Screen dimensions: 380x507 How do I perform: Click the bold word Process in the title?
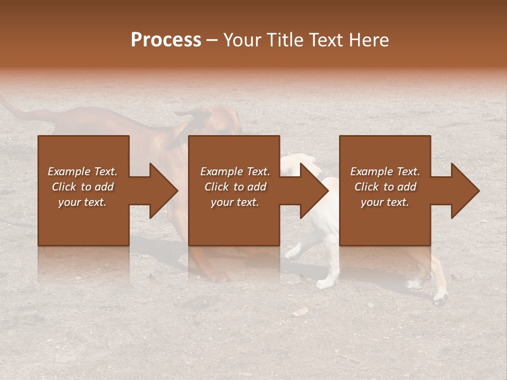[166, 40]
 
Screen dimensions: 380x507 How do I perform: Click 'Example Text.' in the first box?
[83, 172]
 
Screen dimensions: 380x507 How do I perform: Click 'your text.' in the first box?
[83, 202]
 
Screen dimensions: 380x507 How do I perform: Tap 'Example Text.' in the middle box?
[234, 172]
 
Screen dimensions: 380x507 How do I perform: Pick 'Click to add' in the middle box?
[234, 187]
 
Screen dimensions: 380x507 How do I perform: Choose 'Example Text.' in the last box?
[385, 172]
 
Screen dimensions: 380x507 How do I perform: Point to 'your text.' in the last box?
[385, 202]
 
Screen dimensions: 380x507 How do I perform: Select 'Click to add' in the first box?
[83, 187]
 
